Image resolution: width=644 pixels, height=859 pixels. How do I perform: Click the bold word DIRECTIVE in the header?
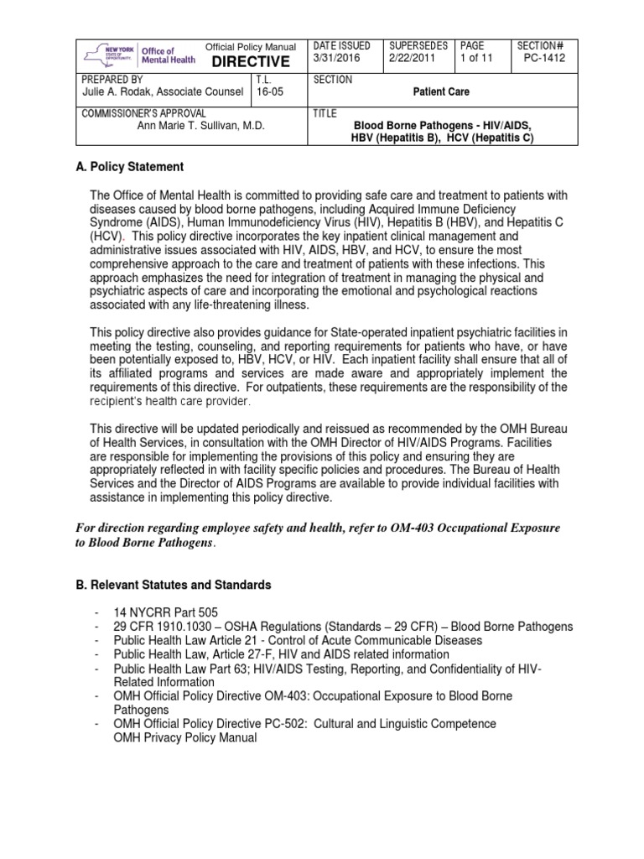(249, 62)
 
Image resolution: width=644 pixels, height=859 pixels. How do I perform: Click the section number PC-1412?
(541, 60)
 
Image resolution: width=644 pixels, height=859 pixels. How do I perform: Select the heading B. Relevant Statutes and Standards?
(174, 585)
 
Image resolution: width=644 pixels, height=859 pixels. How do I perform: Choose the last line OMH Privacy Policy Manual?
(184, 737)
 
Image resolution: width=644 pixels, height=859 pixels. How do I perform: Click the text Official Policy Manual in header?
(251, 46)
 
